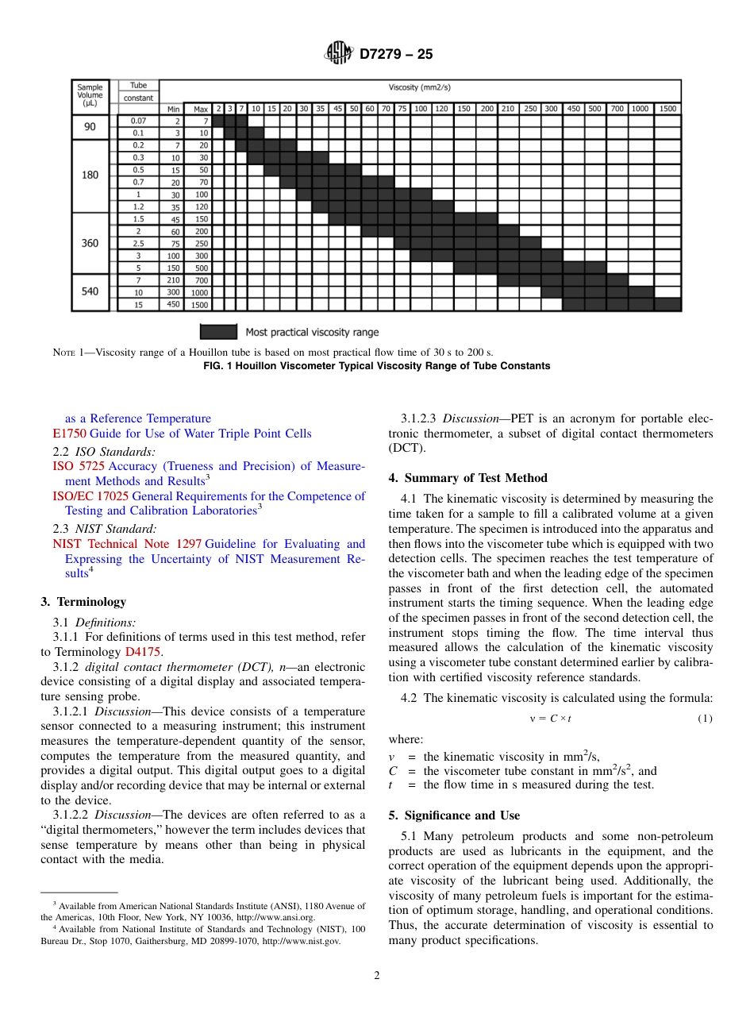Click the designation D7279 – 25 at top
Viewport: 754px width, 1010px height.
(396, 55)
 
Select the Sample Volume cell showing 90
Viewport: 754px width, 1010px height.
(90, 127)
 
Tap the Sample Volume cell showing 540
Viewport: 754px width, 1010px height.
(90, 291)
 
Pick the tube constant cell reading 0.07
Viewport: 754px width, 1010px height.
(138, 121)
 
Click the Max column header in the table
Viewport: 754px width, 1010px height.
(200, 109)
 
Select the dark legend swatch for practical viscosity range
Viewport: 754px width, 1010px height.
(218, 332)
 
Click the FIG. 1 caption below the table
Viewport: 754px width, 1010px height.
(376, 366)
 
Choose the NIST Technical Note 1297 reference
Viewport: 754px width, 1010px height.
(126, 544)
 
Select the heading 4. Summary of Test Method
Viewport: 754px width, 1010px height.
(467, 478)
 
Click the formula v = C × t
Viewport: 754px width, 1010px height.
(550, 719)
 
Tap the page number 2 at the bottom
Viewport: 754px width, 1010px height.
(377, 976)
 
